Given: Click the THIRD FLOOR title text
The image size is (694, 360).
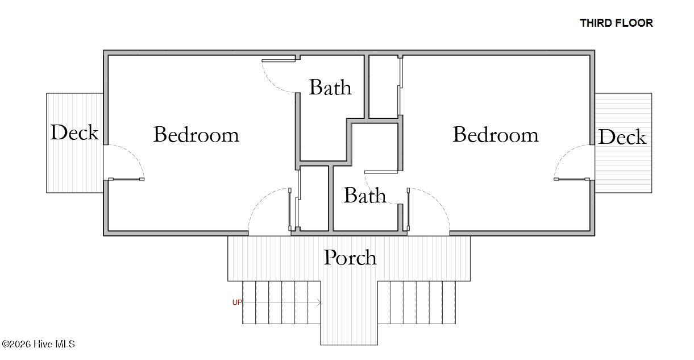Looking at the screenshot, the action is (616, 23).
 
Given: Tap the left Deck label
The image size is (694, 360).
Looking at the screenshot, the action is (74, 133).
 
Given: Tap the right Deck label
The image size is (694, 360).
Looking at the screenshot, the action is (622, 136).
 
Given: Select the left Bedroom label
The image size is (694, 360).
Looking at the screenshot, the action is (196, 135).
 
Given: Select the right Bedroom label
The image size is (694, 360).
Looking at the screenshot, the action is (496, 135).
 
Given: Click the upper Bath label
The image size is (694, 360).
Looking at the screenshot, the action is (330, 87).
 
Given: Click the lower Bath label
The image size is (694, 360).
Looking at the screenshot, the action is (365, 195).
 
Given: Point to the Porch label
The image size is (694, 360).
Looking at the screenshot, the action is (350, 258).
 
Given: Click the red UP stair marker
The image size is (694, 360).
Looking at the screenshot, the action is (237, 303).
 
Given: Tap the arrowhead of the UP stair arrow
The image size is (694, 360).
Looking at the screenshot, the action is (320, 303).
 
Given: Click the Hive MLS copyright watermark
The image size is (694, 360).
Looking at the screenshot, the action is (39, 344).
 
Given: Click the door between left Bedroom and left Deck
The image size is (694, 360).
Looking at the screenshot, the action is (126, 179).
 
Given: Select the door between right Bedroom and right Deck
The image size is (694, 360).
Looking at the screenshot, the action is (572, 179).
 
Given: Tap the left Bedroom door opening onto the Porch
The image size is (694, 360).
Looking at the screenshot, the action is (290, 210).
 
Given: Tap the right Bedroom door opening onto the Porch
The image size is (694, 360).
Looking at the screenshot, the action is (408, 210).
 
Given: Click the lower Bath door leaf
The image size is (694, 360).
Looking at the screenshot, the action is (381, 172).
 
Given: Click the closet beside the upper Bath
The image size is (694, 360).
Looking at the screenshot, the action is (384, 86).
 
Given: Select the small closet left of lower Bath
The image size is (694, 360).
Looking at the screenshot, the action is (314, 198).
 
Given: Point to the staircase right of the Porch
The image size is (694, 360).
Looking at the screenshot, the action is (417, 303).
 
